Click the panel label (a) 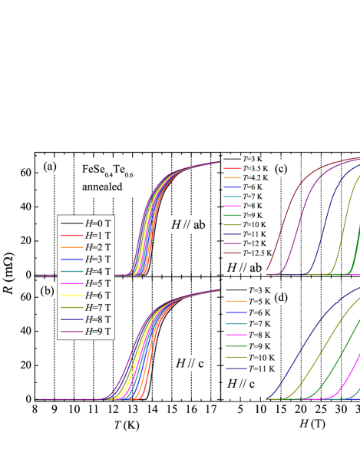point(50,166)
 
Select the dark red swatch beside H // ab point(233,253)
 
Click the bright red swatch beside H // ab point(233,167)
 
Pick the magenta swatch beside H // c point(236,335)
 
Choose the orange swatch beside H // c point(236,301)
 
